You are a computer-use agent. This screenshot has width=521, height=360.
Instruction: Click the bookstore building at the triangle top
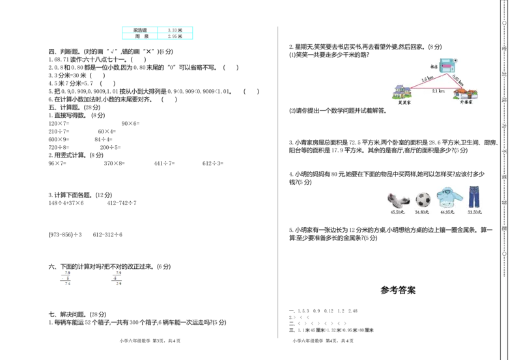[x=446, y=65]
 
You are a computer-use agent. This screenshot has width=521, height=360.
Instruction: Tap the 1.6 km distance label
[x=427, y=79]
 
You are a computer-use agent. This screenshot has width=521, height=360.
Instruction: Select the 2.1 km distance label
[x=438, y=91]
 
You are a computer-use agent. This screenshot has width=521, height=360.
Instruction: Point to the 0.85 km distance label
[x=458, y=79]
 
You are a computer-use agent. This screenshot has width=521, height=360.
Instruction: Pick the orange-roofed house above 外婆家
[x=466, y=94]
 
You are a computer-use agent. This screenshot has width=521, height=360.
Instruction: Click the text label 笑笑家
[x=404, y=103]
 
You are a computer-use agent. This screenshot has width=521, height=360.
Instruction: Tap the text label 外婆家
[x=466, y=103]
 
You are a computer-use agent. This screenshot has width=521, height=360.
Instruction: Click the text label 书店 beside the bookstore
[x=434, y=66]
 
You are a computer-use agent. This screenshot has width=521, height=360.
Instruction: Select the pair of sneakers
[x=398, y=200]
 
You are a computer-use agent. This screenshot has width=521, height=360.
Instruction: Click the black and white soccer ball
[x=423, y=199]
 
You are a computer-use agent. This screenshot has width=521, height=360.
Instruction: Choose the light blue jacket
[x=449, y=197]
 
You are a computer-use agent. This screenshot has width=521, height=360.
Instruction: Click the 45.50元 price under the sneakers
[x=397, y=212]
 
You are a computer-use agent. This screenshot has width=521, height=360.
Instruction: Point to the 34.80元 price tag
[x=422, y=212]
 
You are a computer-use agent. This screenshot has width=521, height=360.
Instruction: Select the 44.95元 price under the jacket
[x=448, y=212]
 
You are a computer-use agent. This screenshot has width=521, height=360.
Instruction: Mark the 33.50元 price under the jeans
[x=474, y=212]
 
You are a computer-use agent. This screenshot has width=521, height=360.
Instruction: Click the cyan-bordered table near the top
[x=158, y=33]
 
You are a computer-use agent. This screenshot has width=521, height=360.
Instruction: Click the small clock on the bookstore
[x=455, y=61]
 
